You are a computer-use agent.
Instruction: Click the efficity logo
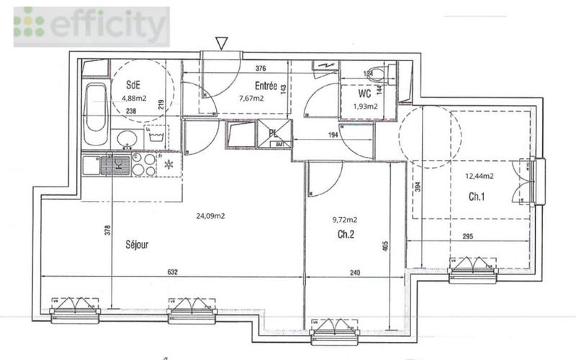coord(91,27)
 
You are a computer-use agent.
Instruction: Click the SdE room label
coord(133,84)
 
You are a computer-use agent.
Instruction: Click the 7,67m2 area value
coord(251,99)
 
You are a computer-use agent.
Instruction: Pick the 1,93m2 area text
coord(365,107)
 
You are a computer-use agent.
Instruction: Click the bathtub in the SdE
coord(94,114)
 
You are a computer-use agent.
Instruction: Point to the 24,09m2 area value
coord(212,215)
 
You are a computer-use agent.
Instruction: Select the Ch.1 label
coord(477,197)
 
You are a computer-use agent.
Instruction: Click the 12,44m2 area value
coord(478,176)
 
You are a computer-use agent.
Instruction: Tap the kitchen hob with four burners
coord(143,165)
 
